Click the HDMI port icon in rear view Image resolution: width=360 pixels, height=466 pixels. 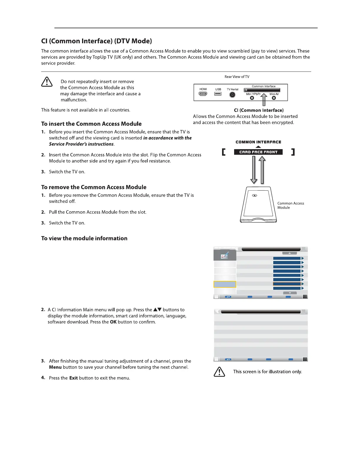point(203,94)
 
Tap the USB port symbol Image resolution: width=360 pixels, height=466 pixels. point(218,94)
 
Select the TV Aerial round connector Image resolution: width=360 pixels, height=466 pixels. point(232,95)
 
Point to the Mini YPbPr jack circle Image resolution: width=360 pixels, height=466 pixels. point(252,98)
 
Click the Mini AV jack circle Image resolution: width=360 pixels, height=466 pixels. point(274,98)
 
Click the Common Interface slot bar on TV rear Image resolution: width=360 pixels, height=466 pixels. point(262,90)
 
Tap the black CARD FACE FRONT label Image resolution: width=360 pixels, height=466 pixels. point(258,152)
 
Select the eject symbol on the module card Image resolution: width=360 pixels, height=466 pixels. point(255,196)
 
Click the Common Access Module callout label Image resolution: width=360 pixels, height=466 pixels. point(290,205)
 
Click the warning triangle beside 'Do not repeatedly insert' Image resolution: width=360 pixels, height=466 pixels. point(47,82)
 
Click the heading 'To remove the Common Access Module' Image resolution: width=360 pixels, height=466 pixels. point(94,187)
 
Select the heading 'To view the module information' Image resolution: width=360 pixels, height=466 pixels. point(84,239)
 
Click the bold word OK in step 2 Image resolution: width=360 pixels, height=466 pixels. point(113,322)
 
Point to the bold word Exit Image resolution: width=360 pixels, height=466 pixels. point(73,378)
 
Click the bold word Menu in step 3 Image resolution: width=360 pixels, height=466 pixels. point(55,367)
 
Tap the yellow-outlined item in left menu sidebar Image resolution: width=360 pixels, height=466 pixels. point(225,284)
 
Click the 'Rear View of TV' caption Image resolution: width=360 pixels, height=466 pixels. point(237,77)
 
